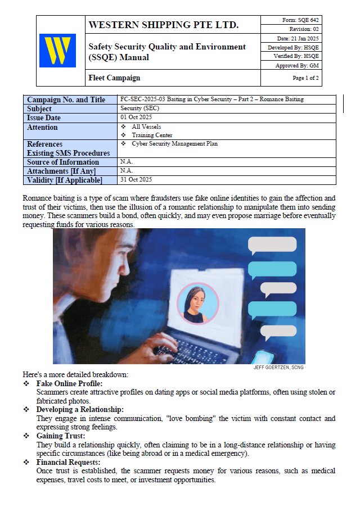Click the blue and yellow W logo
point(57,51)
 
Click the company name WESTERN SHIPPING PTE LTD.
point(164,25)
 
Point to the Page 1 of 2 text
point(305,78)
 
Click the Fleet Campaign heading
point(115,78)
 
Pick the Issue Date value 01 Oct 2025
point(137,117)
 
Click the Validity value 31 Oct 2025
point(136,180)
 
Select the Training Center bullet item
point(152,135)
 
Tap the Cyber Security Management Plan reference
point(174,144)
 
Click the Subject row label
point(39,108)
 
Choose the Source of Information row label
point(63,162)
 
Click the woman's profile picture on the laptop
point(197,303)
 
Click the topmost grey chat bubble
point(272,244)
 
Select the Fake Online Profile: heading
point(69,383)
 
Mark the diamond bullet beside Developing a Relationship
point(26,410)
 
